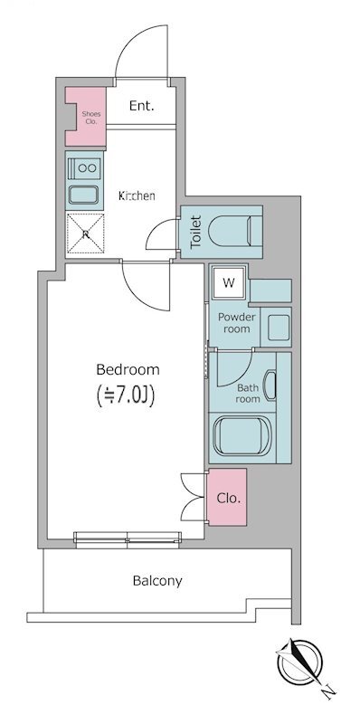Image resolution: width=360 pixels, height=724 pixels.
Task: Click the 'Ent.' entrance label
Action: (x=141, y=106)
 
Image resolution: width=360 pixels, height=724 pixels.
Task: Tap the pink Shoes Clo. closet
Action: (x=89, y=114)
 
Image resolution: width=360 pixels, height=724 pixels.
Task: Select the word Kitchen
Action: (x=137, y=195)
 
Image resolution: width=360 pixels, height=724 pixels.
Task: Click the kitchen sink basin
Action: (x=85, y=194)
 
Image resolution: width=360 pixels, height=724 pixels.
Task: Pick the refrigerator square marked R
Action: (x=85, y=235)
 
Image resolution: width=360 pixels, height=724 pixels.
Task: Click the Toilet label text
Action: (x=194, y=233)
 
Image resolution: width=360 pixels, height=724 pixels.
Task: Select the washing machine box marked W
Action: (x=229, y=283)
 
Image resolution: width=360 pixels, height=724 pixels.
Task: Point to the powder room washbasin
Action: (x=276, y=327)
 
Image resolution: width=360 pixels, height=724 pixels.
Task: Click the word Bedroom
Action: (x=128, y=369)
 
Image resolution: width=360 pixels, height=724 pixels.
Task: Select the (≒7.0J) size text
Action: (x=128, y=395)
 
